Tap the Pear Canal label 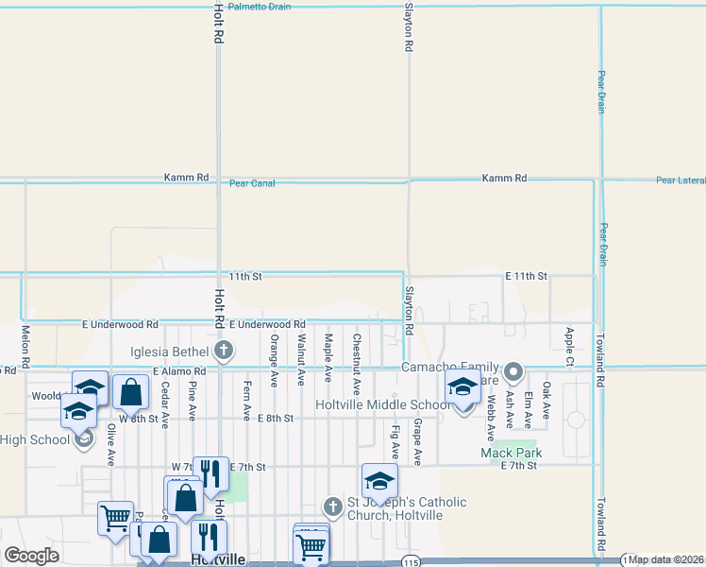tap(252, 183)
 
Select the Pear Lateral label tap(681, 180)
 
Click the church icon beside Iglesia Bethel tap(224, 352)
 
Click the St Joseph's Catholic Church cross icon tap(331, 507)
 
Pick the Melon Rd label tap(25, 347)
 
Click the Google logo tap(32, 556)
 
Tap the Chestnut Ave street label tap(356, 352)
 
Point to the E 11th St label tap(526, 276)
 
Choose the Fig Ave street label tap(395, 443)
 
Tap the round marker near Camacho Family tap(513, 371)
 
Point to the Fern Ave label tap(247, 400)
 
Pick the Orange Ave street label tap(274, 361)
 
